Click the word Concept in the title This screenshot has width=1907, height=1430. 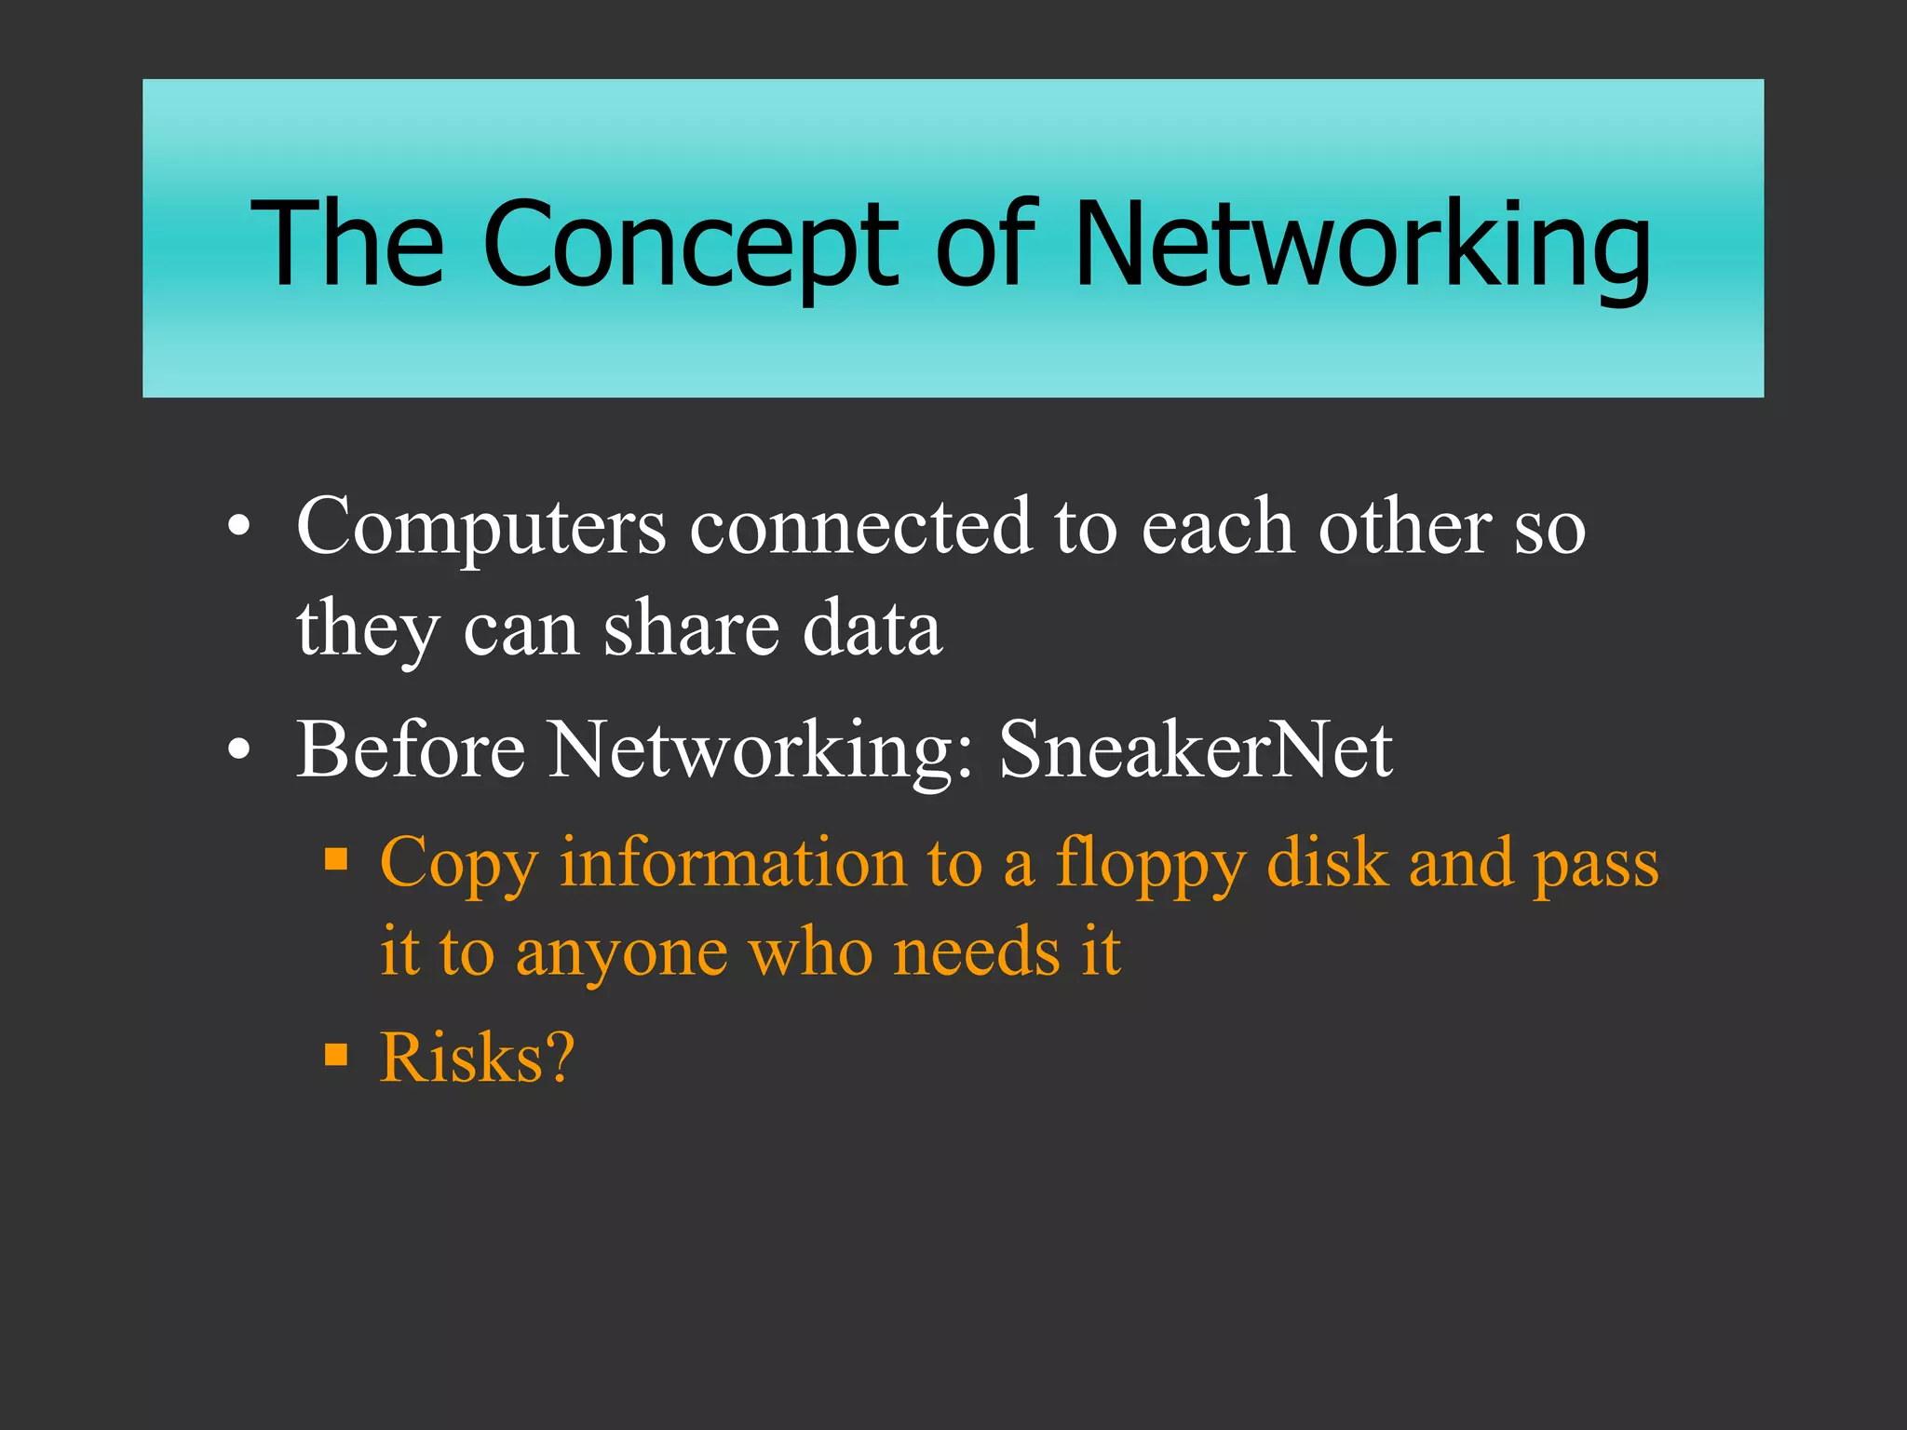pyautogui.click(x=690, y=244)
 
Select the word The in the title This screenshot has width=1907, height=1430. pyautogui.click(x=347, y=244)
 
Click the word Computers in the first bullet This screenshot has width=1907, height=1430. pyautogui.click(x=480, y=528)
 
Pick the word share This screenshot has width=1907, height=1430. pyautogui.click(x=691, y=628)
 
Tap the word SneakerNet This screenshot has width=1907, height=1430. pyautogui.click(x=1196, y=749)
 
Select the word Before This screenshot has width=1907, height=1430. pyautogui.click(x=411, y=749)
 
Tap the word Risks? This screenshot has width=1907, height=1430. pyautogui.click(x=477, y=1058)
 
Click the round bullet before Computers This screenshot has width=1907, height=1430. pyautogui.click(x=239, y=529)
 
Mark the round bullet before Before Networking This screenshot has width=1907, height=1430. pyautogui.click(x=239, y=750)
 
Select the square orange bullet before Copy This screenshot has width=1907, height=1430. pyautogui.click(x=336, y=857)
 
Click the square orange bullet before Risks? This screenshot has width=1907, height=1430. pyautogui.click(x=336, y=1055)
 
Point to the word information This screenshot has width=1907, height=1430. pyautogui.click(x=732, y=862)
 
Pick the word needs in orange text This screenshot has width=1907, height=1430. pyautogui.click(x=976, y=952)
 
